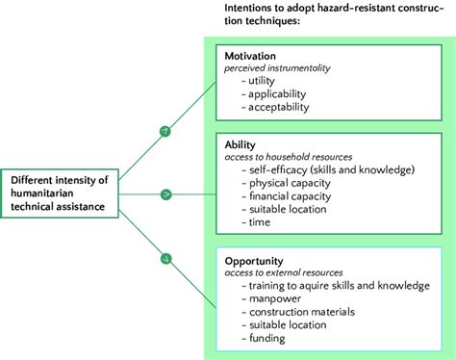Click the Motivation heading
[x=249, y=56]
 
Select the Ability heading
[x=240, y=142]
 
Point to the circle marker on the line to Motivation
[x=165, y=130]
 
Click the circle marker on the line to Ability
[x=165, y=193]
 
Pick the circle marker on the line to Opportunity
[x=165, y=257]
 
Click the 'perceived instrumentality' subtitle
[x=277, y=68]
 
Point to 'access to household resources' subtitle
[x=288, y=156]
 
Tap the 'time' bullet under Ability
[x=260, y=221]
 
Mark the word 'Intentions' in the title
[x=252, y=8]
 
